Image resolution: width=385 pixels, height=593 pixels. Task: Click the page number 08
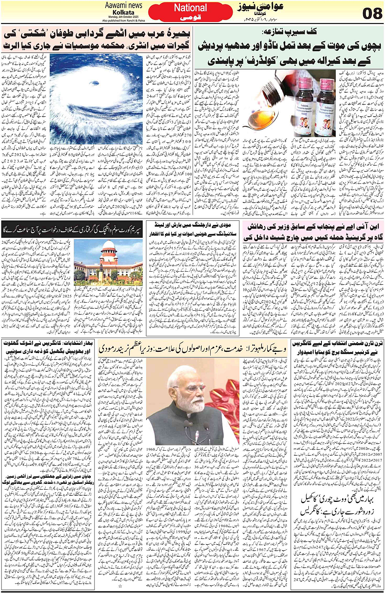(x=372, y=13)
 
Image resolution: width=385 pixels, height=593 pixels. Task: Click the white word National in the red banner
(x=190, y=8)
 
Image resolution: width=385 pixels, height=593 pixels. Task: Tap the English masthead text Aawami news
(x=123, y=5)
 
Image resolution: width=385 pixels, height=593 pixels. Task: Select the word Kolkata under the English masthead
(x=123, y=13)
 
